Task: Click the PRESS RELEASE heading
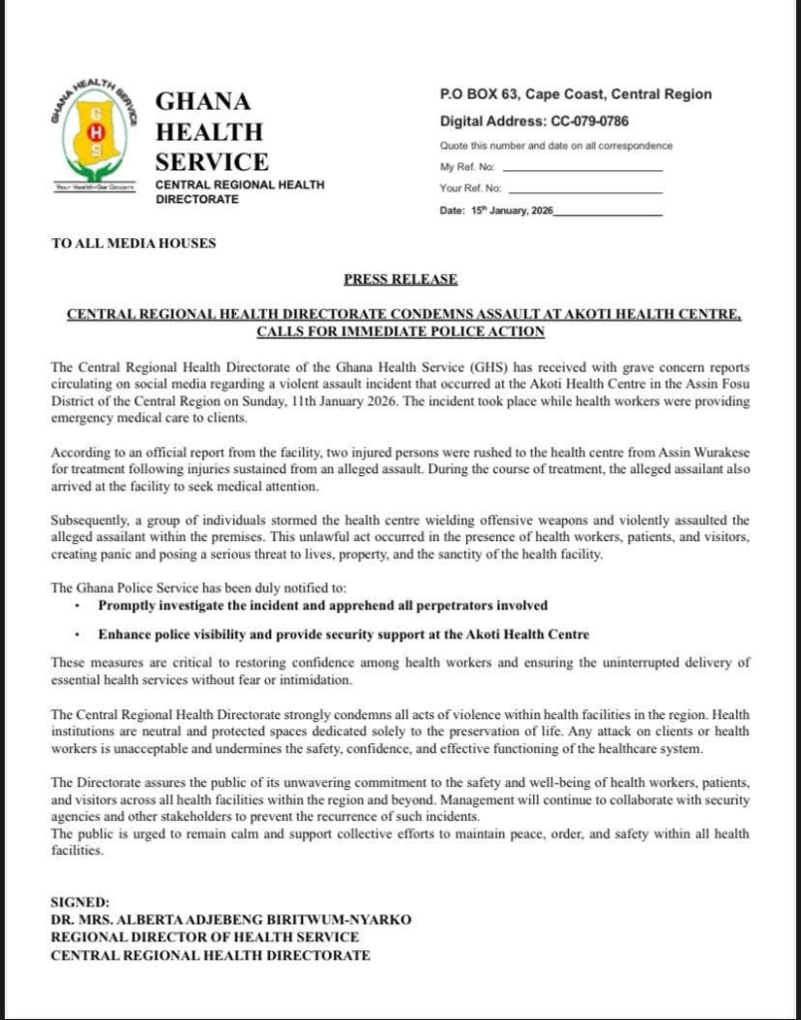coord(400,280)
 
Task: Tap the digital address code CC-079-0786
coord(589,122)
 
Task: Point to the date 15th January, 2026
coord(512,211)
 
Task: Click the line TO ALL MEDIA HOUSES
coord(133,243)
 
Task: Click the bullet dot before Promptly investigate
coord(78,606)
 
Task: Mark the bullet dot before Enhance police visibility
coord(78,635)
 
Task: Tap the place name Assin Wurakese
coord(701,453)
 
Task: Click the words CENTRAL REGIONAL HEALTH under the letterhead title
coord(239,185)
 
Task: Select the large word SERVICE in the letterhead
coord(211,161)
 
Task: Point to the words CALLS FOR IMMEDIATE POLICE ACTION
coord(400,331)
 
